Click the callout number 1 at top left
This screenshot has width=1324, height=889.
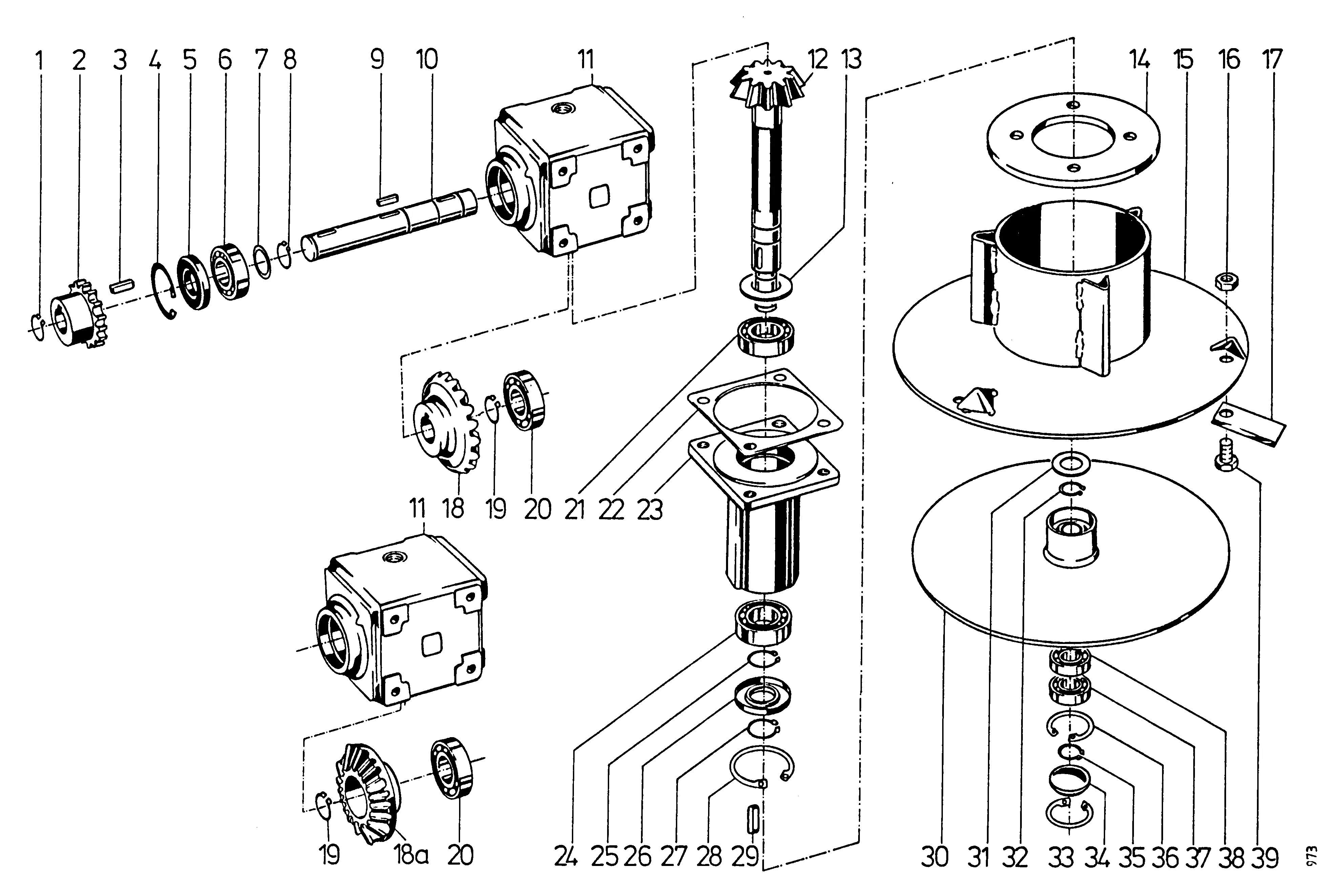coord(39,60)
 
